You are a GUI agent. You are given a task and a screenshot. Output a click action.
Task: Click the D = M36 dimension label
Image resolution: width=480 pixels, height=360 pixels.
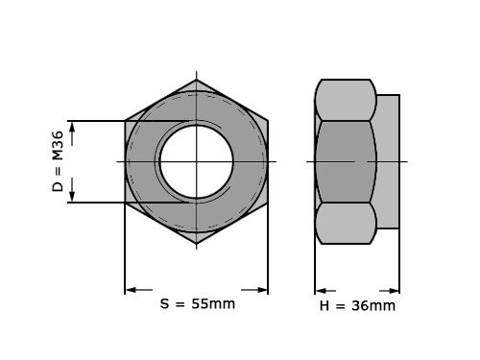tap(59, 161)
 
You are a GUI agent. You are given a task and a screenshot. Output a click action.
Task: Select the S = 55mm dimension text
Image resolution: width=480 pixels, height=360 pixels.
tap(197, 303)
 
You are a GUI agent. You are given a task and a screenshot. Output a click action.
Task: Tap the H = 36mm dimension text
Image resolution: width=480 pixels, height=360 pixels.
tap(357, 305)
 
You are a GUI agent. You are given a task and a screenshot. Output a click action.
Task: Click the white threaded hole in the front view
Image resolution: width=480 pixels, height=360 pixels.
tap(197, 161)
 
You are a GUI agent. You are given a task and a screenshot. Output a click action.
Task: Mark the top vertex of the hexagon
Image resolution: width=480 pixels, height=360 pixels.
tap(197, 80)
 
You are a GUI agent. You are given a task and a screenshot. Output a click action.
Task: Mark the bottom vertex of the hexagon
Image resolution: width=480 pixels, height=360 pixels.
tap(197, 244)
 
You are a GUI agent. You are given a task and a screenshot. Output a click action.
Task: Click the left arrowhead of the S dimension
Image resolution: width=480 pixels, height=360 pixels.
tap(132, 290)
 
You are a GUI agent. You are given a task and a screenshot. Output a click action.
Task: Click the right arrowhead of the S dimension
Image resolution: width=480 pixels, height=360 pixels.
tap(261, 290)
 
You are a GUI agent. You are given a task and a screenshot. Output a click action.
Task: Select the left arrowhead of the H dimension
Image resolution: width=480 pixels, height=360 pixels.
tap(322, 290)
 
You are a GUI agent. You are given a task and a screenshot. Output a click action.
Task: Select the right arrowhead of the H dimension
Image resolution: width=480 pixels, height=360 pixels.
tap(394, 290)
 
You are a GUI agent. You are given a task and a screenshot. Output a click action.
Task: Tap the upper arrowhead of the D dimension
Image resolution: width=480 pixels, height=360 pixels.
tap(73, 128)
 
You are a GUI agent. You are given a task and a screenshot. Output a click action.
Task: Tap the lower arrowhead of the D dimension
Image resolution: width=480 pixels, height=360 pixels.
tap(73, 196)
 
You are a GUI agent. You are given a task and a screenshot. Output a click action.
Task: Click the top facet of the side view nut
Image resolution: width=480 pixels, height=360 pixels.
tap(345, 100)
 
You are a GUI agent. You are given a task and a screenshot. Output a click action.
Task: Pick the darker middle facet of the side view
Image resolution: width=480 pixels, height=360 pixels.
tap(345, 161)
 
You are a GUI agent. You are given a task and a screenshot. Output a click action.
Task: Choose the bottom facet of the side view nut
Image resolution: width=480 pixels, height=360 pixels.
tap(345, 223)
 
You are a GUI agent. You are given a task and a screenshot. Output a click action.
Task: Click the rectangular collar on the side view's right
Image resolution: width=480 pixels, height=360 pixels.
tap(388, 161)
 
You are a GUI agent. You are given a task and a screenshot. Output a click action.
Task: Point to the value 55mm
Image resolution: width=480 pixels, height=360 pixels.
tap(213, 303)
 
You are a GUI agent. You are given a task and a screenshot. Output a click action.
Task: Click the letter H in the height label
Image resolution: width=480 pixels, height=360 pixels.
tap(324, 306)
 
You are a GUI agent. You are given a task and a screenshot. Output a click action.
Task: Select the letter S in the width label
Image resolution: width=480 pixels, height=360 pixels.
tap(164, 303)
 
